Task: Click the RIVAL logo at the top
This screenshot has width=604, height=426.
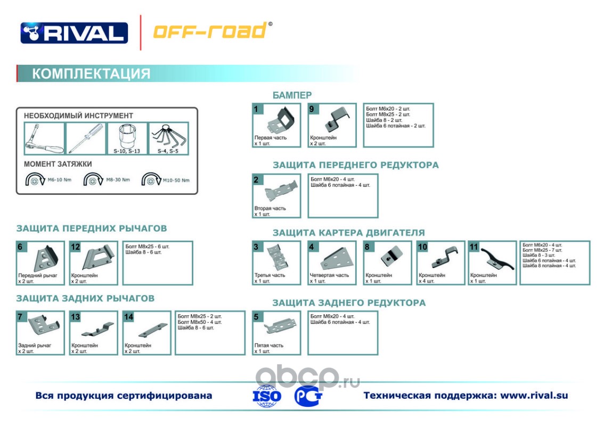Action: pos(74,32)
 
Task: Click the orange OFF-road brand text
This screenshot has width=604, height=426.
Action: pos(211,31)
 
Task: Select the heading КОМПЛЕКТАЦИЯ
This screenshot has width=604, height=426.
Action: pos(91,73)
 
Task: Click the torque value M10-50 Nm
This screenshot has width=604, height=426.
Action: pos(176,180)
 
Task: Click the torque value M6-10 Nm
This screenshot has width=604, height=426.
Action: pos(59,180)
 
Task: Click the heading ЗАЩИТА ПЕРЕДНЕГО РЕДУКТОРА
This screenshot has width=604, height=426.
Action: pos(355,165)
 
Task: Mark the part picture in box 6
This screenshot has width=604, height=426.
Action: pos(44,259)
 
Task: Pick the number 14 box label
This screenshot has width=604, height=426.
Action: pos(128,317)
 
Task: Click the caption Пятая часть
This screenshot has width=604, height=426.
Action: pos(268,345)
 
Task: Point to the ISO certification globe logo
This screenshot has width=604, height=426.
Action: pos(266,396)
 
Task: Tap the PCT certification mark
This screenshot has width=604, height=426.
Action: pos(307,396)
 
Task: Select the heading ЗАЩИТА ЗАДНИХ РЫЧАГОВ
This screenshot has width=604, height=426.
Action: pos(85,298)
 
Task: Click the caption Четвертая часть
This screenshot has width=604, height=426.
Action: pos(329,275)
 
